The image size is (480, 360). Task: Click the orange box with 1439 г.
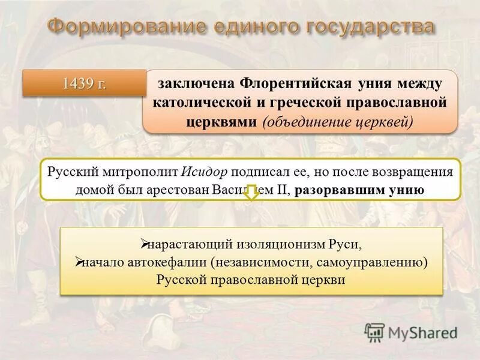[x=84, y=83]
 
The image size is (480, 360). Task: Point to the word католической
[x=202, y=103]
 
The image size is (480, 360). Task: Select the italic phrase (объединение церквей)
[x=338, y=121]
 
